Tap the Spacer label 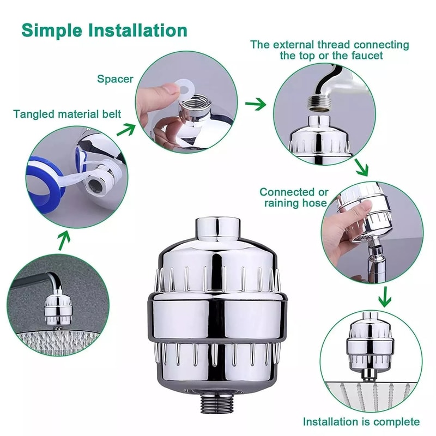tap(115, 79)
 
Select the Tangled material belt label tap(67, 114)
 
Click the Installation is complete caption tap(361, 421)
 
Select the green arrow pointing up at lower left tap(64, 238)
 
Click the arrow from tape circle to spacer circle tap(128, 130)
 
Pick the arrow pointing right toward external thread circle tap(255, 104)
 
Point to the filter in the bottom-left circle tap(55, 308)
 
